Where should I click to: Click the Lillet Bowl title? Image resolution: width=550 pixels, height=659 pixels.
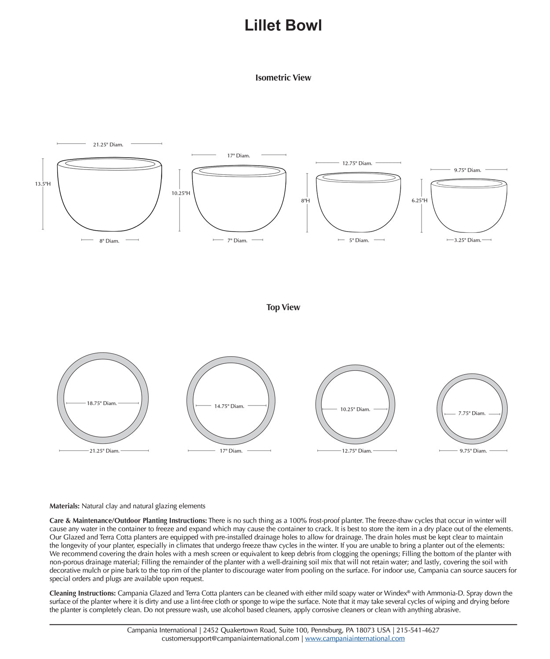283,25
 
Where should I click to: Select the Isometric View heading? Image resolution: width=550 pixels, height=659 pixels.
283,78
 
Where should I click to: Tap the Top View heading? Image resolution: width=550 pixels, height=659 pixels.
283,308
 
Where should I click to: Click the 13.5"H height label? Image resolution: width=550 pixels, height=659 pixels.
43,184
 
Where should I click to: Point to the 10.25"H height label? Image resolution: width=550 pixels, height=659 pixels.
180,193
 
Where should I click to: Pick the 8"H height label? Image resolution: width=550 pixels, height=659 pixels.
305,201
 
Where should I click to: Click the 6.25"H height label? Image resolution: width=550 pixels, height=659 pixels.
419,200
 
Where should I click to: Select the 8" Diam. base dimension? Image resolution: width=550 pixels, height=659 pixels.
109,241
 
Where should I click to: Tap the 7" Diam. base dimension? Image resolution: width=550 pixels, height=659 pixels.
237,241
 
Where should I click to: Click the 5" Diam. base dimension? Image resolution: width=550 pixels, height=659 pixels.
359,240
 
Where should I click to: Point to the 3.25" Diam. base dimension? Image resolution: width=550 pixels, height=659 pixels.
467,240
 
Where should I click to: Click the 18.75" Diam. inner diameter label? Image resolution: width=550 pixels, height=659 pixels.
102,403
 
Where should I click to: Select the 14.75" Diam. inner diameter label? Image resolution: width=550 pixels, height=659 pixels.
229,406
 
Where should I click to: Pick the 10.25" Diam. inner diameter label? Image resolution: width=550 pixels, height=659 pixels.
355,409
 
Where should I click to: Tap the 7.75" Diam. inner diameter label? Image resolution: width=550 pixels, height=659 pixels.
472,413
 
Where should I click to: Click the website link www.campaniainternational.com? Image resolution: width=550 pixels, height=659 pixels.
355,638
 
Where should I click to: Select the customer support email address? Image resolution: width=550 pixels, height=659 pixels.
230,638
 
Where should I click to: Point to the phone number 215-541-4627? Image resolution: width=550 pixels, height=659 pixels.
418,630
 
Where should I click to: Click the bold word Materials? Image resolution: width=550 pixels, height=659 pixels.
64,506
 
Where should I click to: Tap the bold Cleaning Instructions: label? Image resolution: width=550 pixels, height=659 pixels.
83,593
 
